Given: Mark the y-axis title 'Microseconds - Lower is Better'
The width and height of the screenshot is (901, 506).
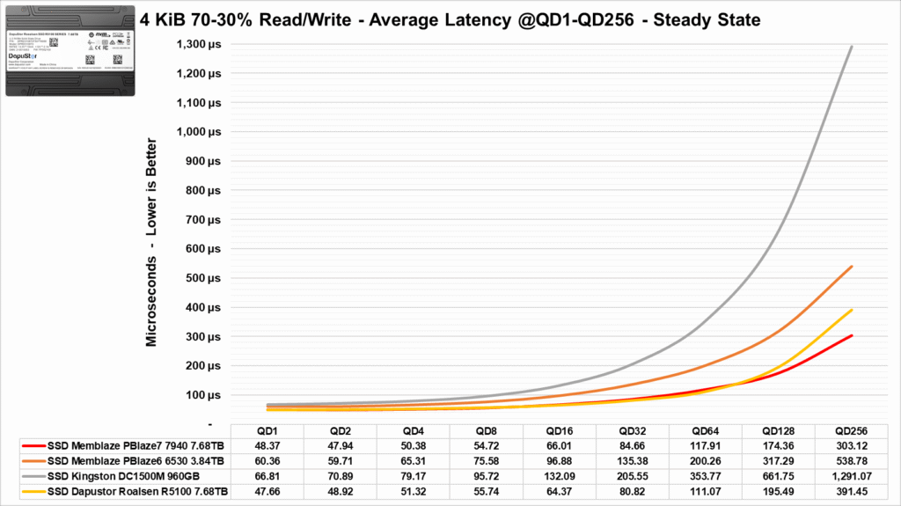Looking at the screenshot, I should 151,242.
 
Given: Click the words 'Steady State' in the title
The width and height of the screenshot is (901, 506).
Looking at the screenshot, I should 709,16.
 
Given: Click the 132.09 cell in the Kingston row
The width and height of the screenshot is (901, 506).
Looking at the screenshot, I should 559,475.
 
